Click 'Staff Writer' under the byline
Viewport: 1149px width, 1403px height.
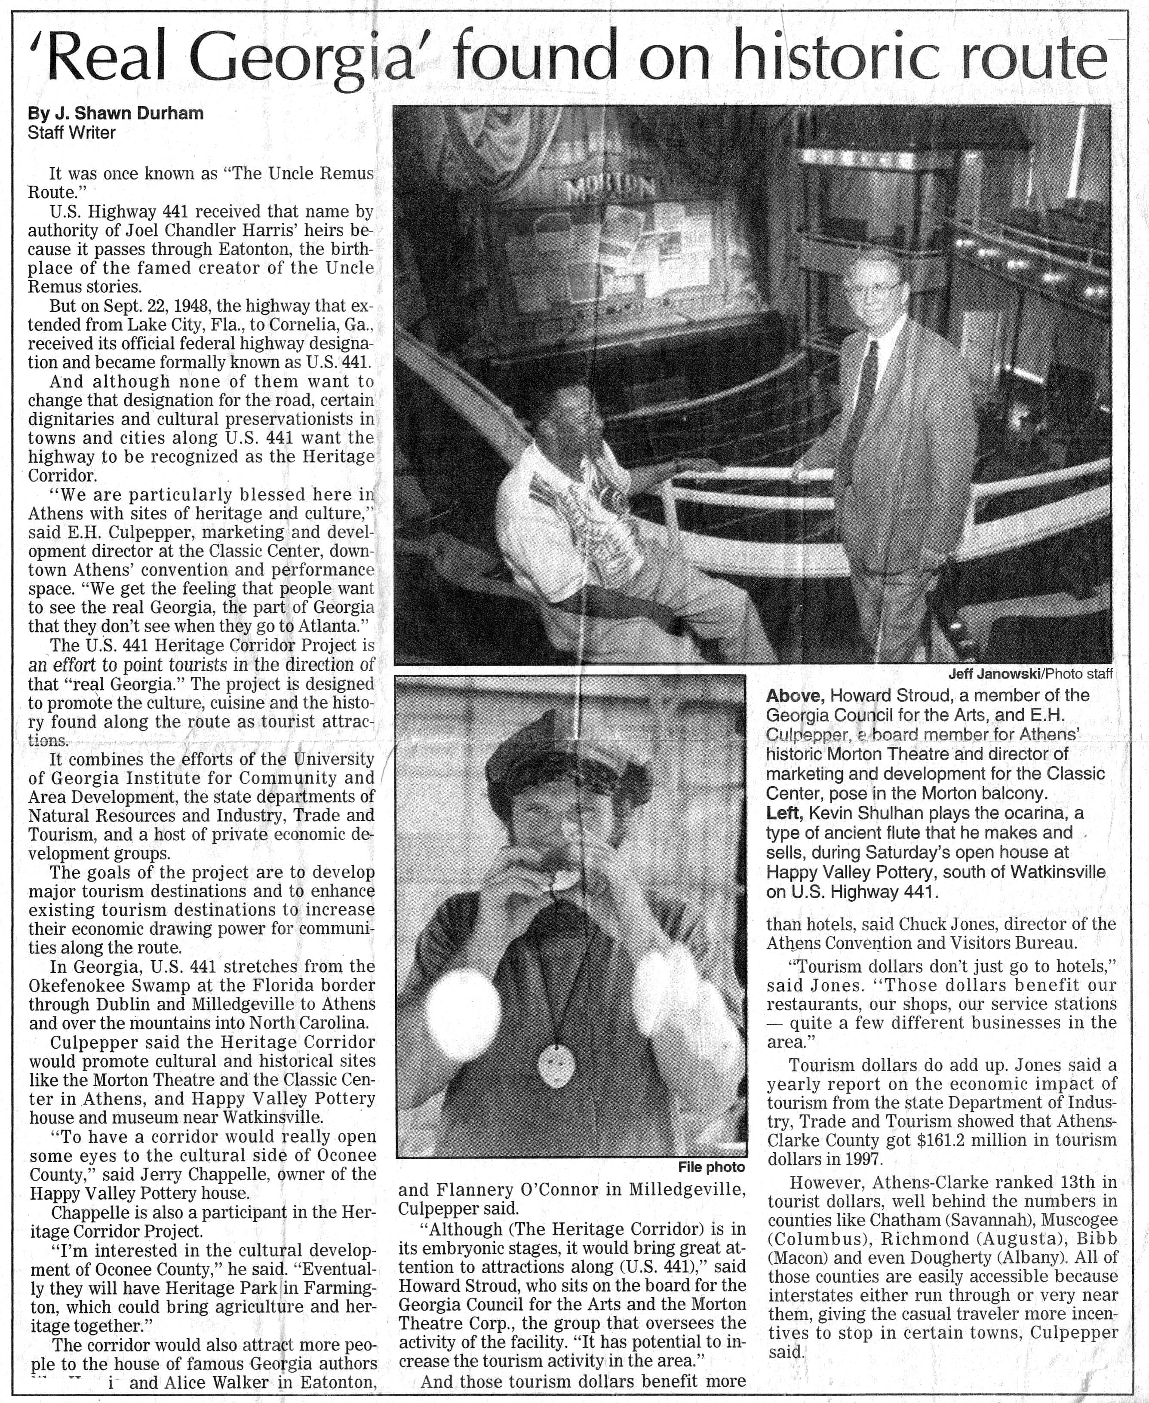(x=71, y=133)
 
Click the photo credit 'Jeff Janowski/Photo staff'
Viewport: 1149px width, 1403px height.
(x=1030, y=674)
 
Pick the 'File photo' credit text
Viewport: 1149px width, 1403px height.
(x=712, y=1167)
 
